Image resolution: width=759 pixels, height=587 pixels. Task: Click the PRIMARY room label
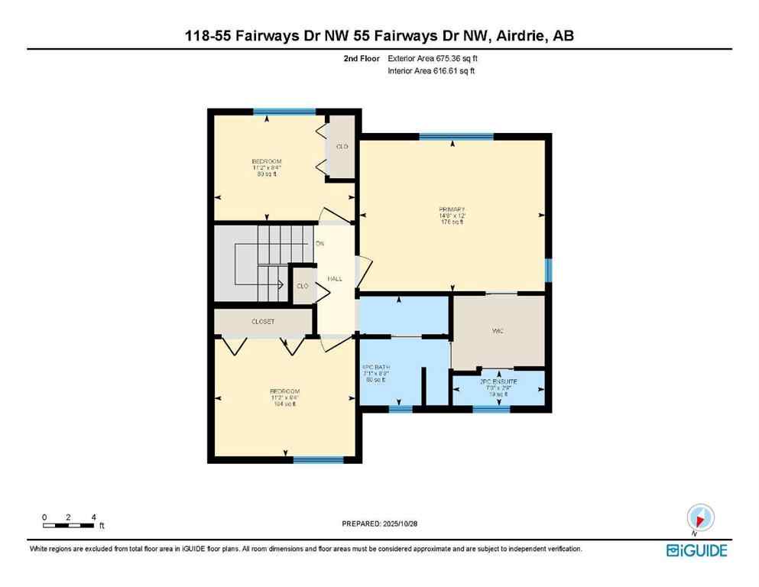point(452,209)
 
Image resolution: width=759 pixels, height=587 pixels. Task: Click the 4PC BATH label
point(376,367)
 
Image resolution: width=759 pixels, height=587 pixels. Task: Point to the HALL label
point(334,279)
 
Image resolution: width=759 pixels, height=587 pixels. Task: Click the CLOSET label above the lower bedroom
point(262,322)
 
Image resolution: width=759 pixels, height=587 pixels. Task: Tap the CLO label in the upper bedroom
point(342,146)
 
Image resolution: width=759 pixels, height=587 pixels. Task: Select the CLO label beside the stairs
point(302,286)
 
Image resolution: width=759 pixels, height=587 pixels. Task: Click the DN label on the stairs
point(319,244)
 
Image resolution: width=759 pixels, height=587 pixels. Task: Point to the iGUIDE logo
point(696,550)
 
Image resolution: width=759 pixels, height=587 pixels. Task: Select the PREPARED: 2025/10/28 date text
point(379,524)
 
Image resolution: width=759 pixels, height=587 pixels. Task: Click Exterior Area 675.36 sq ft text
point(438,58)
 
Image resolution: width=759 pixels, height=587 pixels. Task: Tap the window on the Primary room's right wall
point(548,271)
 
